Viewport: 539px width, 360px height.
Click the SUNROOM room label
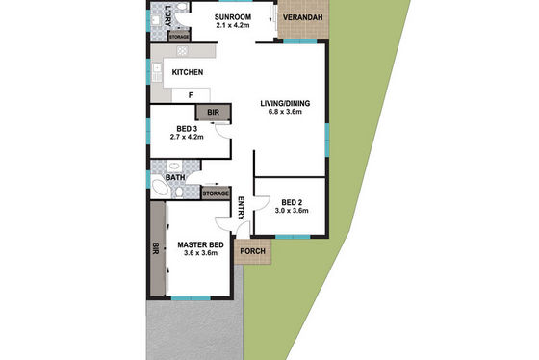pyautogui.click(x=233, y=17)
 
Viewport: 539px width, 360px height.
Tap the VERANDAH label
pyautogui.click(x=303, y=17)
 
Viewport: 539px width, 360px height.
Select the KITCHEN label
pyautogui.click(x=188, y=72)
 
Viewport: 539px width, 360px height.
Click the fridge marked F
pyautogui.click(x=191, y=95)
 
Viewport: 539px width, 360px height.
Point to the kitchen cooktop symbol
pyautogui.click(x=182, y=51)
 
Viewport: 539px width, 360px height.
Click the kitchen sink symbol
pyautogui.click(x=157, y=72)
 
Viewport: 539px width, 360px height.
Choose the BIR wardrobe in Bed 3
pyautogui.click(x=213, y=113)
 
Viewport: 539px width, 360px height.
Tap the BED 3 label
pyautogui.click(x=187, y=129)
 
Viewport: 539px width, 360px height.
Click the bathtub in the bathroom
pyautogui.click(x=159, y=188)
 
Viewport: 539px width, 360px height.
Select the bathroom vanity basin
pyautogui.click(x=174, y=167)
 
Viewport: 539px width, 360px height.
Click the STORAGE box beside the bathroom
pyautogui.click(x=216, y=193)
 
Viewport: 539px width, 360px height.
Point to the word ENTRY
pyautogui.click(x=241, y=208)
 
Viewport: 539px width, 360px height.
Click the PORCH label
pyautogui.click(x=252, y=251)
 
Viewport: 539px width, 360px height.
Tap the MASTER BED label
pyautogui.click(x=201, y=244)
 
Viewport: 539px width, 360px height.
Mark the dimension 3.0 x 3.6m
pyautogui.click(x=292, y=211)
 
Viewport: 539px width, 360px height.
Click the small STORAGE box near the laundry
pyautogui.click(x=179, y=37)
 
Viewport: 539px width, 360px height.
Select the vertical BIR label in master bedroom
pyautogui.click(x=156, y=248)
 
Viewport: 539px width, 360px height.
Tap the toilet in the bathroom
pyautogui.click(x=179, y=193)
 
